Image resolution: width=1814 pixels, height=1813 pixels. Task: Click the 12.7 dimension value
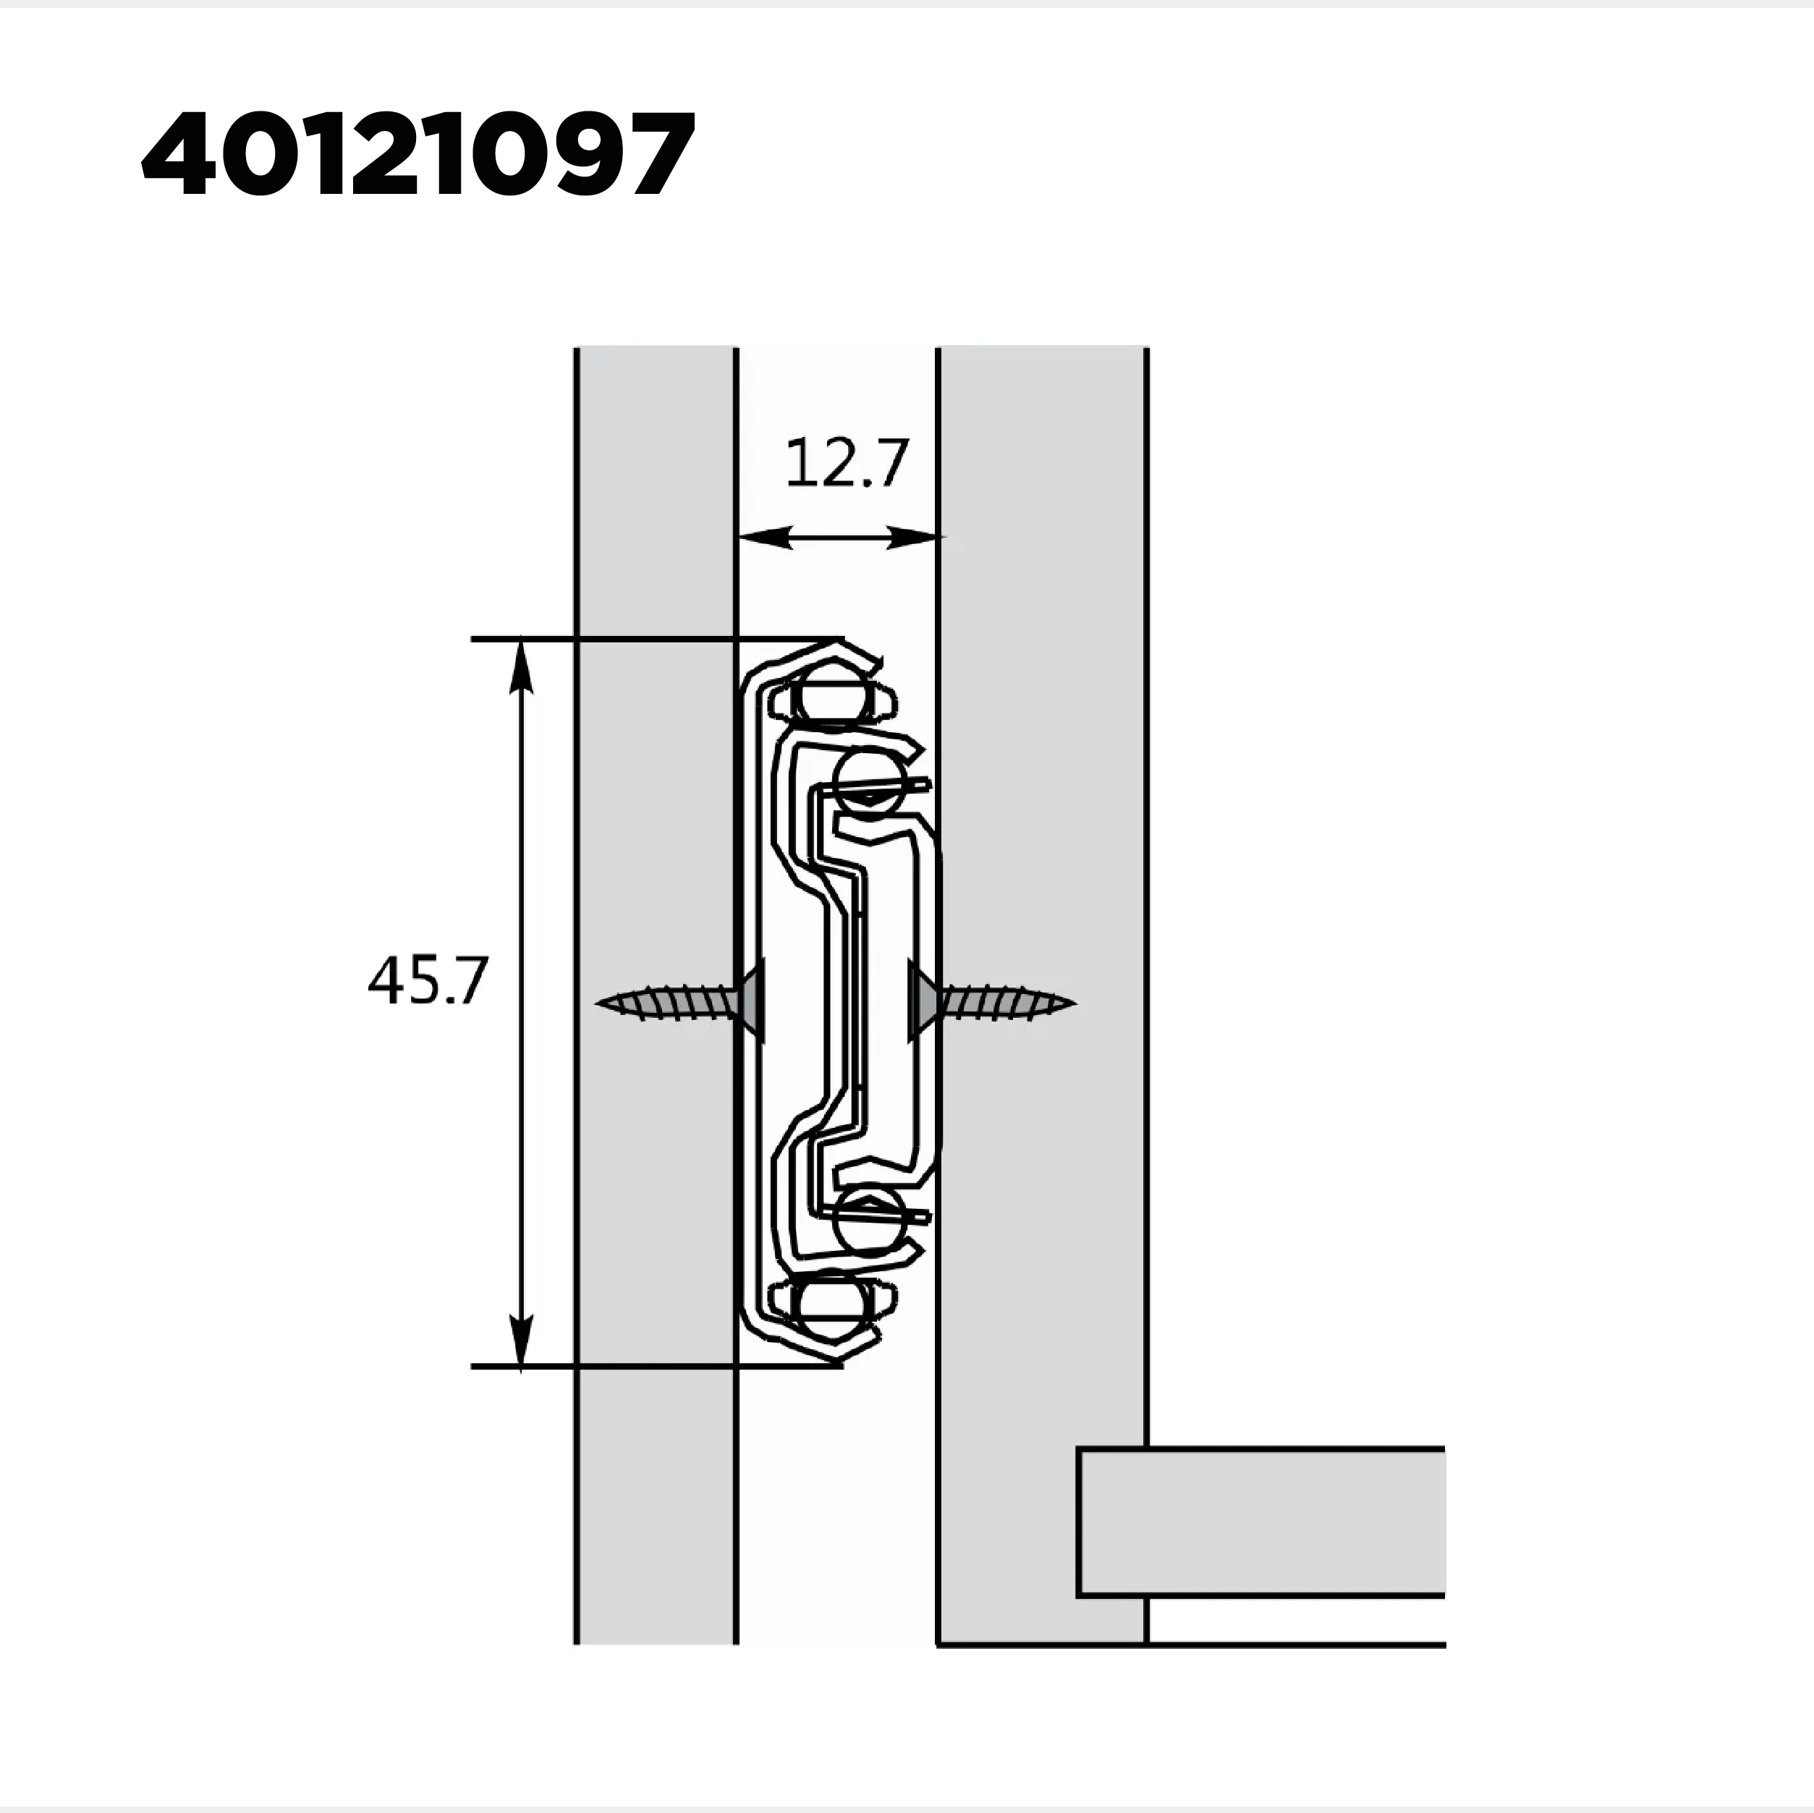coord(846,463)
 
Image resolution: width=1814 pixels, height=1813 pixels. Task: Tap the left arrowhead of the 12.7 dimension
coord(763,537)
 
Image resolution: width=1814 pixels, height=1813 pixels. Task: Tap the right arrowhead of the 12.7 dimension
coord(915,537)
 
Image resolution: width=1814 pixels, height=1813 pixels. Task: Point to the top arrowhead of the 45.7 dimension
coord(521,668)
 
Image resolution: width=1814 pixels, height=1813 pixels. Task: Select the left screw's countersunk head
coord(751,1000)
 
